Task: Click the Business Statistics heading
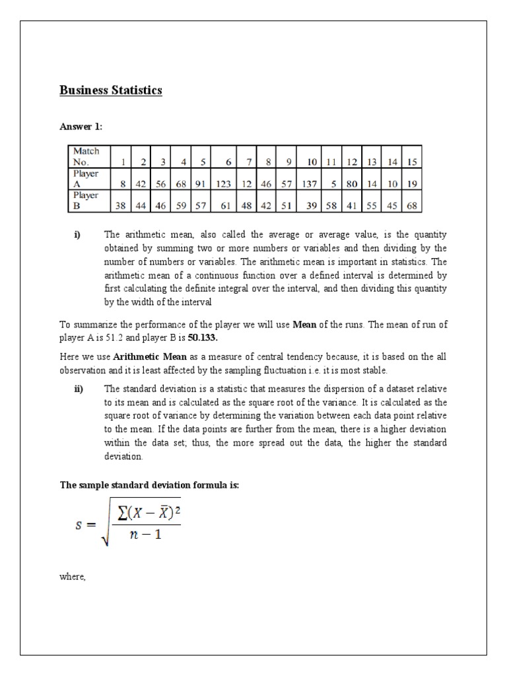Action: point(111,91)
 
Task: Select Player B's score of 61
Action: point(225,206)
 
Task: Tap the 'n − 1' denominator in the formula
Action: point(145,534)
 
